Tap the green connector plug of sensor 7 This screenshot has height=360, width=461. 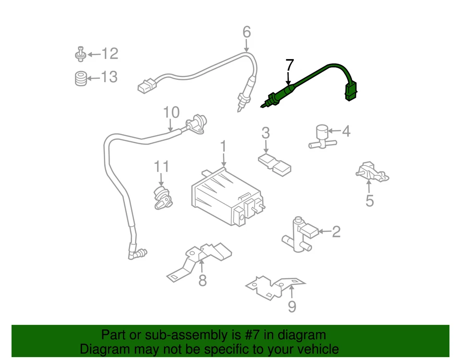click(x=351, y=91)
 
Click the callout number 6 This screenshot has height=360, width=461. click(x=246, y=32)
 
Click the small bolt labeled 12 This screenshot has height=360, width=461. click(x=80, y=54)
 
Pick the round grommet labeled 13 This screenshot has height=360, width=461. click(x=80, y=78)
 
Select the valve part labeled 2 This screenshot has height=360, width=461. click(x=300, y=234)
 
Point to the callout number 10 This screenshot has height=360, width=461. click(x=171, y=113)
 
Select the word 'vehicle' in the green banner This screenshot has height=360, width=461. click(x=316, y=349)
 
